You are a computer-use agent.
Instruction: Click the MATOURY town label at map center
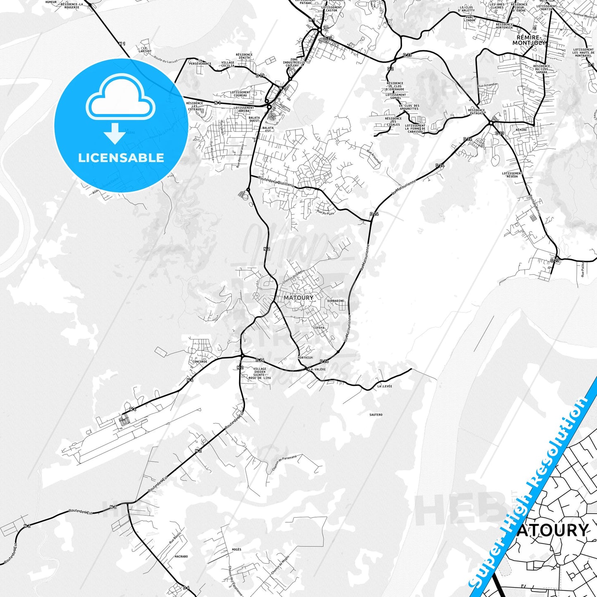pos(298,297)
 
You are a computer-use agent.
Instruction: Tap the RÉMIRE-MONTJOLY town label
pos(529,40)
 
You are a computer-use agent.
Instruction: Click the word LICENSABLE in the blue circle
pos(121,158)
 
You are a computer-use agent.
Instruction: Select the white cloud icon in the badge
pos(120,99)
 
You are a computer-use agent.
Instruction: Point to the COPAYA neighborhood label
pos(319,328)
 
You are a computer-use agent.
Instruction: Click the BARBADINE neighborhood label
pos(335,301)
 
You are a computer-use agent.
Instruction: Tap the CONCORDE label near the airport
pos(200,362)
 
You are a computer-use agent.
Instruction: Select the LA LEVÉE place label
pos(385,386)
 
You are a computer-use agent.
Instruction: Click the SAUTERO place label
pos(376,414)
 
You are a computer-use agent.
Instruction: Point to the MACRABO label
pos(181,557)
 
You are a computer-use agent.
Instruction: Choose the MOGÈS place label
pos(237,549)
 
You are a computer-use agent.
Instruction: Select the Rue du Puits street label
pos(325,213)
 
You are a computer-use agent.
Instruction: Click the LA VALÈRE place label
pos(317,369)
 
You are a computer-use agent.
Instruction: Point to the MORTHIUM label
pos(305,357)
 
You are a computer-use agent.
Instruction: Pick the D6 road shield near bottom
pos(186,587)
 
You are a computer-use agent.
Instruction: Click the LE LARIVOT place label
pos(144,50)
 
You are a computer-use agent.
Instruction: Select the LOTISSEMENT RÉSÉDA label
pos(512,175)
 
